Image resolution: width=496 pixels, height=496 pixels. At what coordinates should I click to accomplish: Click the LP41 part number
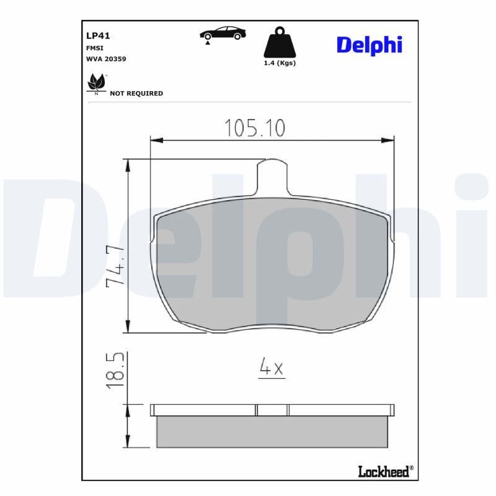click(x=98, y=36)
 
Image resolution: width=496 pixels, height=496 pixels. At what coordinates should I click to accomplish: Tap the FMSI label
click(x=95, y=48)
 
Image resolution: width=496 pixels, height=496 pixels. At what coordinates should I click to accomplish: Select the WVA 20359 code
click(x=106, y=59)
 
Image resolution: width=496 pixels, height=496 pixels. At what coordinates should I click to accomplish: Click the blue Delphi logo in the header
click(x=370, y=45)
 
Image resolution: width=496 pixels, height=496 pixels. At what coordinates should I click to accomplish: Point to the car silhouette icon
click(x=223, y=33)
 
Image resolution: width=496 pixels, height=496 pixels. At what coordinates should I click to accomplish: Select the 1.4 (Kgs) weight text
click(x=280, y=63)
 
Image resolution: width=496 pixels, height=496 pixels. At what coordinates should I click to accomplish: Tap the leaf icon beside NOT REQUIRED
click(x=97, y=84)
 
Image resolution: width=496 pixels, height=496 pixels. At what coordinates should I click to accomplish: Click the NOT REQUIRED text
click(x=136, y=94)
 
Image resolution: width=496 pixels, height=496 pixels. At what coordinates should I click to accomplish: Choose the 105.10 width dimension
click(x=255, y=128)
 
